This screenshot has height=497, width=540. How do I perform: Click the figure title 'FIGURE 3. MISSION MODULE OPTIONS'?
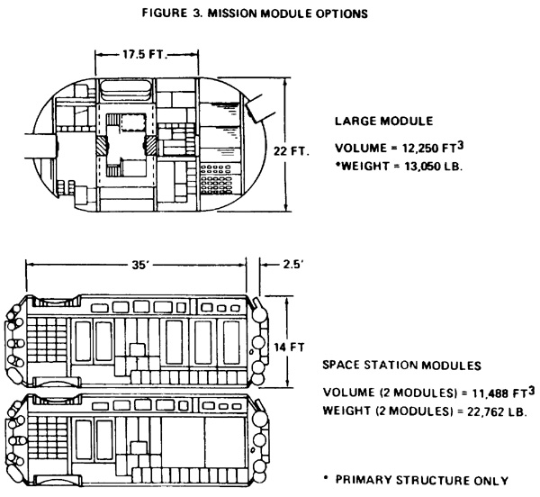coord(255,14)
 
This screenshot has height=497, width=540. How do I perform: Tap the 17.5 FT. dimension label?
coord(145,54)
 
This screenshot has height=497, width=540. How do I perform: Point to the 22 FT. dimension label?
coord(292,151)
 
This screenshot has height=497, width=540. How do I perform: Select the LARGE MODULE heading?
coord(384,121)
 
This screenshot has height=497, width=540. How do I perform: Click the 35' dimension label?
coord(139,265)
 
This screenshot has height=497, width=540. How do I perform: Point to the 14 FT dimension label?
coord(289,348)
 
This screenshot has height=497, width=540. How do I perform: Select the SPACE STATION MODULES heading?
coord(401,365)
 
